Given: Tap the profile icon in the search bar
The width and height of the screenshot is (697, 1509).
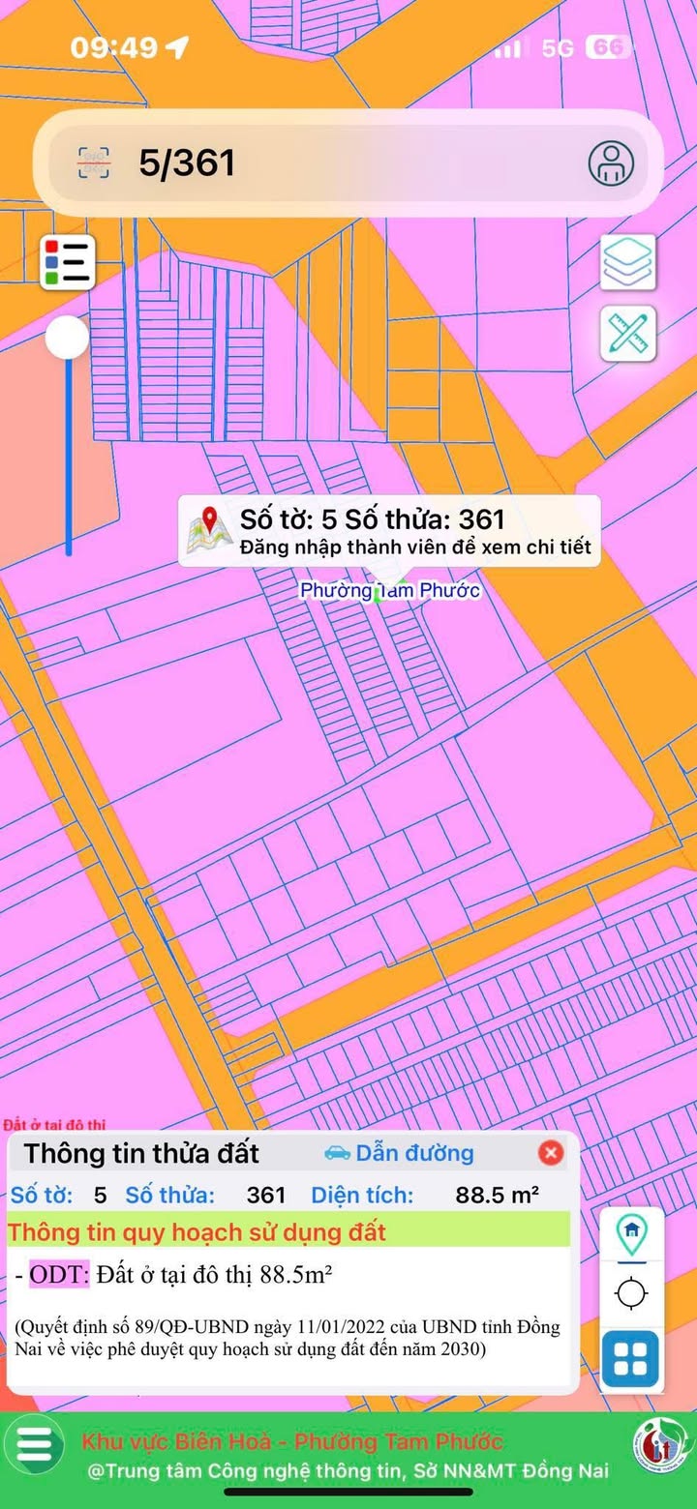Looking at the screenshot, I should point(611,163).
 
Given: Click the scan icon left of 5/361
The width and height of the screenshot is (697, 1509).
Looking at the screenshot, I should point(94,163).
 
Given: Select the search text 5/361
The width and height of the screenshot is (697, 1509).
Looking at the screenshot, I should point(187,163).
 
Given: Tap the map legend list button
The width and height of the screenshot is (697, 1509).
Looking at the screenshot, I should point(68,262).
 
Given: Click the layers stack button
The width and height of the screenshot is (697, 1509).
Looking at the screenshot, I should point(628,262).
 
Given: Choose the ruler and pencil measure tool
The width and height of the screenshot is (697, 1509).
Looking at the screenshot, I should point(628,334).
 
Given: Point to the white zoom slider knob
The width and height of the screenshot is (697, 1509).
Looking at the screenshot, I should point(68,339).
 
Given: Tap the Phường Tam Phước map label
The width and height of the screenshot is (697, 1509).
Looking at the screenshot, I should point(389,590).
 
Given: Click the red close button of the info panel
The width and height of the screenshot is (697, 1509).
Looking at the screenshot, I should point(551,1153).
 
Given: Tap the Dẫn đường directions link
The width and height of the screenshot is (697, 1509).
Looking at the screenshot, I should point(399,1153).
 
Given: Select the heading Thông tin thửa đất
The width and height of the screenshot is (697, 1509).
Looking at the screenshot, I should point(141,1153).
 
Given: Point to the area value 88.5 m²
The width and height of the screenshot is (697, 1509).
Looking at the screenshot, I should point(498,1195).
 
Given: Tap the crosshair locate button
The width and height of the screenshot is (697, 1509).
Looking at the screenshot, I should point(631,1293).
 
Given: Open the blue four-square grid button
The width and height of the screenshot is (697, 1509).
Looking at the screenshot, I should point(630,1360).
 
